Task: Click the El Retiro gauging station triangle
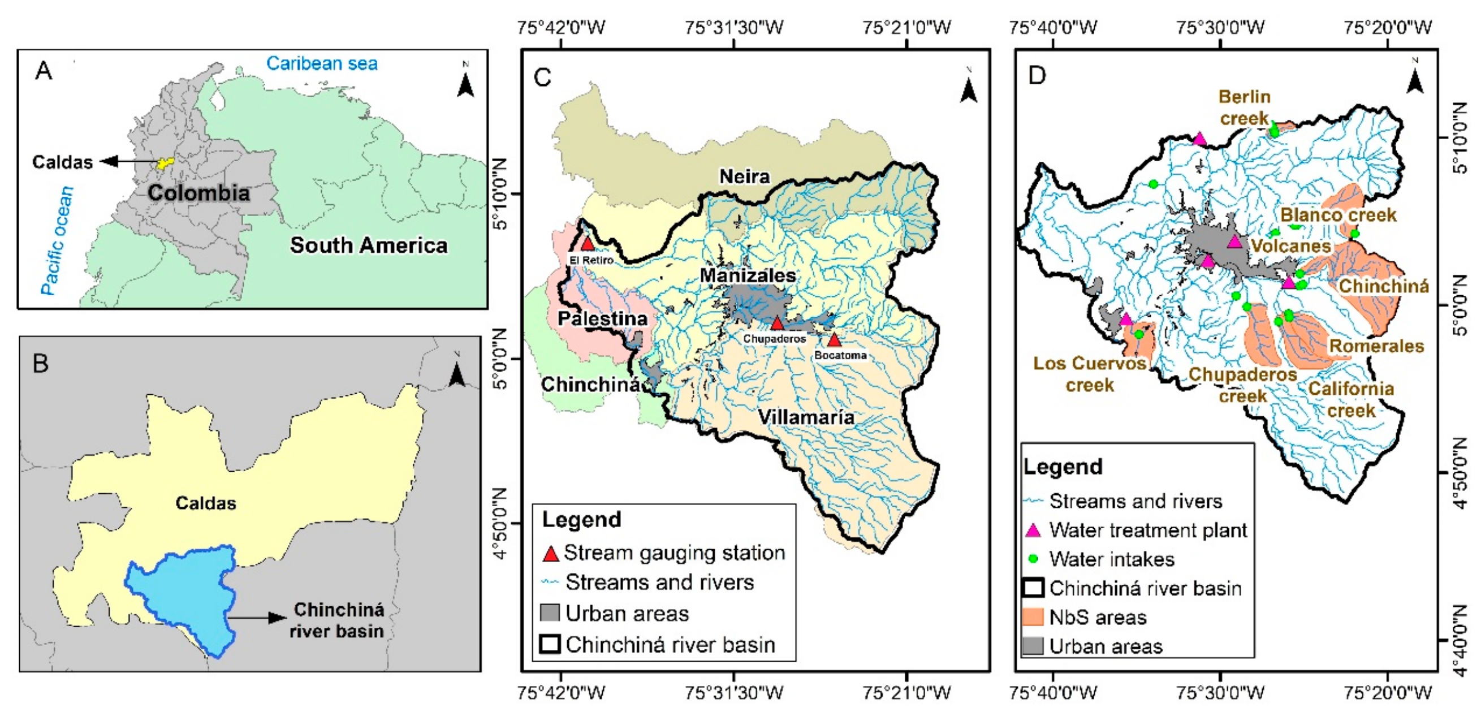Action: [x=587, y=244]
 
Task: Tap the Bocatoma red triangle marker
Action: [x=834, y=340]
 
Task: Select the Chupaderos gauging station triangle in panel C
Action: [x=778, y=323]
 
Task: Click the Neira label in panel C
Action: [x=745, y=176]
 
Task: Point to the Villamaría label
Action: [x=806, y=417]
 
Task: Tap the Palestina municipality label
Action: [x=602, y=318]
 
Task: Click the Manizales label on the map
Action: [x=748, y=275]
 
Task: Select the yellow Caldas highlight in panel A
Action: [x=166, y=163]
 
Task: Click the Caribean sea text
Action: [x=322, y=63]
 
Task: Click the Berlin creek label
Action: [x=1244, y=107]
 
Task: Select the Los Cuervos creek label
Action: [x=1090, y=374]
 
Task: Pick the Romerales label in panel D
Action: [x=1376, y=346]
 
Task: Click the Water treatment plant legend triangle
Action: [x=1033, y=530]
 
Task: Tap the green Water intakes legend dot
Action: [x=1033, y=558]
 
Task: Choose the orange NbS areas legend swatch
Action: [x=1033, y=617]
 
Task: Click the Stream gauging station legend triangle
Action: [x=551, y=553]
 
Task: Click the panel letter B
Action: [x=41, y=364]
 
